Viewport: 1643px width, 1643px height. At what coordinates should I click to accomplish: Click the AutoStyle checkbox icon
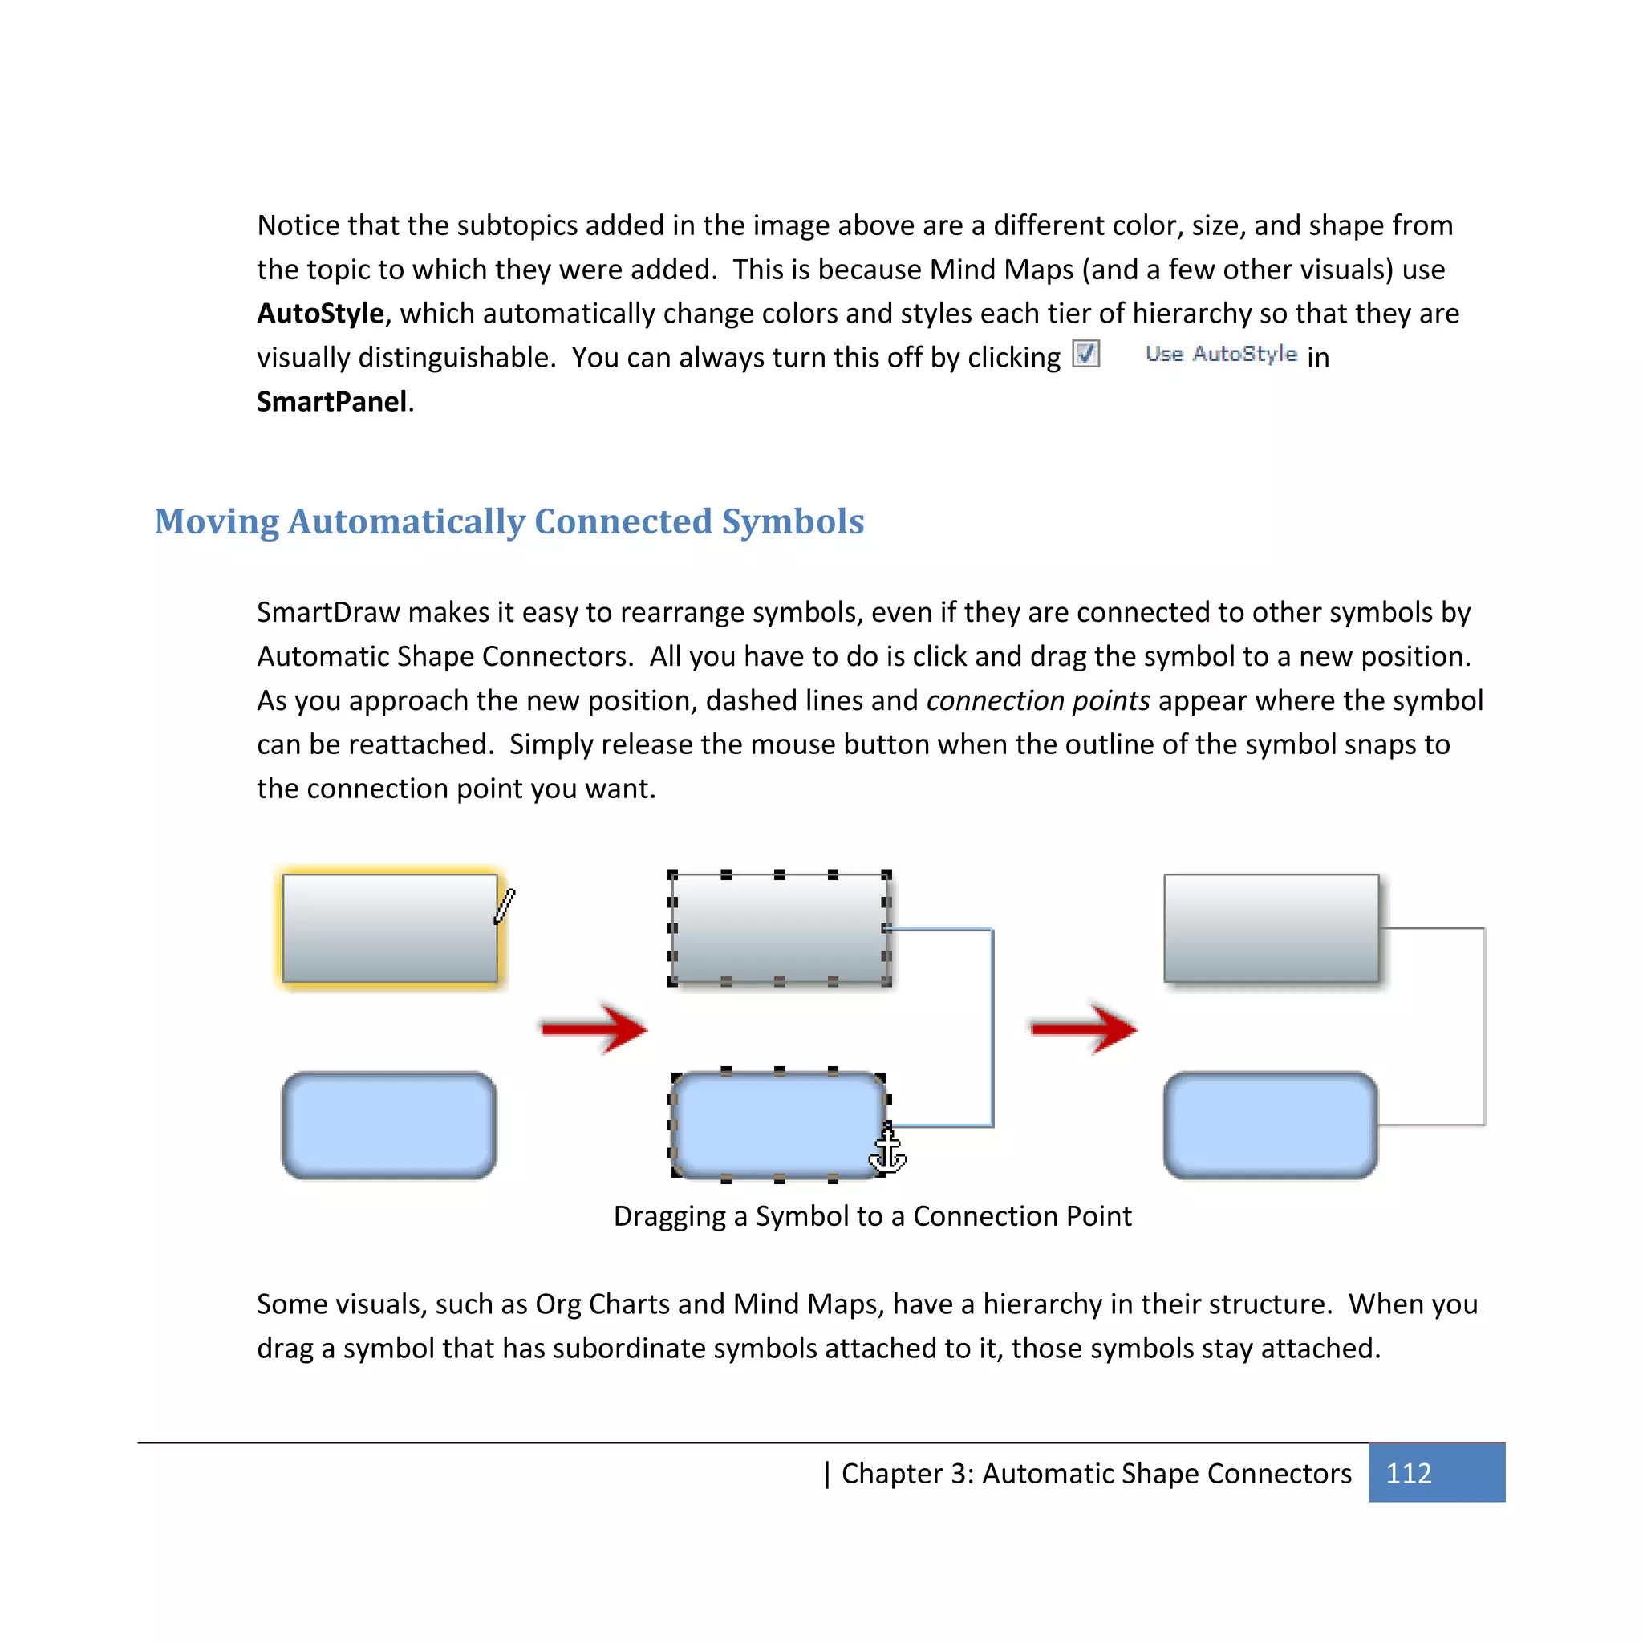pos(1086,353)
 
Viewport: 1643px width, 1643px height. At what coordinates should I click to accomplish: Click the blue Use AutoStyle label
pos(1220,354)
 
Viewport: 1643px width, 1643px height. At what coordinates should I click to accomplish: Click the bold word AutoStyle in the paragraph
pos(321,314)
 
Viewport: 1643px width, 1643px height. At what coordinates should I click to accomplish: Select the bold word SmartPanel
pos(331,401)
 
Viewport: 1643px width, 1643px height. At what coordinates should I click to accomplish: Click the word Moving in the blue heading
pos(217,521)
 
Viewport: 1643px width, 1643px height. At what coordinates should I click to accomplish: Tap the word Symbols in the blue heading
pos(793,521)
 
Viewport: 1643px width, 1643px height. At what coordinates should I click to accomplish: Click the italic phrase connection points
pos(1037,700)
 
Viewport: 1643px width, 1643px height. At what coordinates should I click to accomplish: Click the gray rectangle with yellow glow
pos(389,929)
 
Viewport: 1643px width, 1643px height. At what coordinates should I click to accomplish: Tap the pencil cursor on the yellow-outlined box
pos(505,906)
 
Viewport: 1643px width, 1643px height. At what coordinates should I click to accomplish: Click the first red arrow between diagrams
pos(594,1029)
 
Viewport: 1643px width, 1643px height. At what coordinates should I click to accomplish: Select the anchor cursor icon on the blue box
pos(888,1152)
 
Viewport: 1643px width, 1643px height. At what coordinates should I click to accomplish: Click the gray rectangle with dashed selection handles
pos(778,929)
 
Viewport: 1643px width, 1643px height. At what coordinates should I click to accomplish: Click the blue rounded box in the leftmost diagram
pos(389,1125)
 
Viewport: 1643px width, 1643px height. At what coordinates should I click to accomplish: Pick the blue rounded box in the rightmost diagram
pos(1270,1125)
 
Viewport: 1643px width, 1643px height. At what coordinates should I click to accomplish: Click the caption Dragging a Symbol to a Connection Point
pos(872,1216)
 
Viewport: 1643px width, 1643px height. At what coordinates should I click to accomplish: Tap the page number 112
pos(1408,1473)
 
